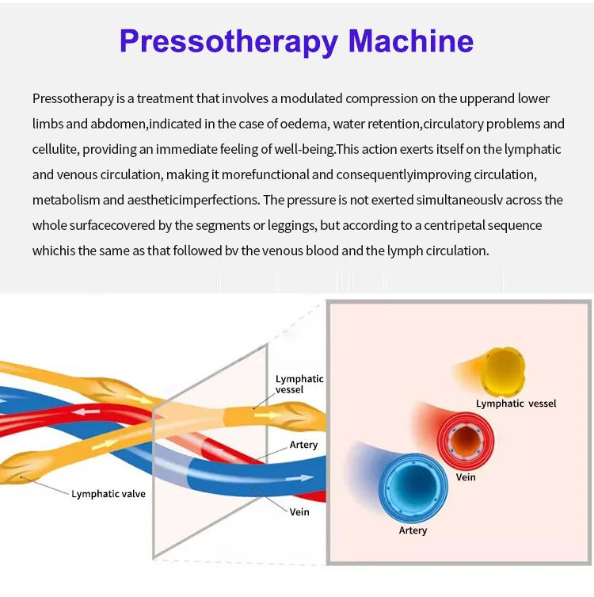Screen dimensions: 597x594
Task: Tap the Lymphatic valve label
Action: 109,494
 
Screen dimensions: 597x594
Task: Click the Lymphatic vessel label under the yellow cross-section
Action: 516,404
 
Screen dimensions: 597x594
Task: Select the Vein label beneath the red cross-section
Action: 466,477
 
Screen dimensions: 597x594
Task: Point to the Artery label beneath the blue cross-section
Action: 413,530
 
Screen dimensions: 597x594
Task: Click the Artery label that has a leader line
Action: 303,445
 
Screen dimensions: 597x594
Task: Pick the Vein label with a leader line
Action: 299,511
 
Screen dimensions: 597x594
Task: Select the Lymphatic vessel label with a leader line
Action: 299,385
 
